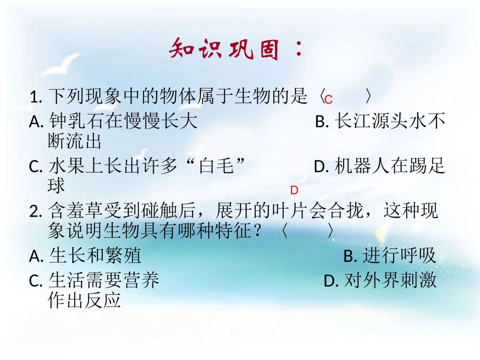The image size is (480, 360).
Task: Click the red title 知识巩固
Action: [x=225, y=49]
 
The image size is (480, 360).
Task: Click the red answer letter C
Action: [x=328, y=99]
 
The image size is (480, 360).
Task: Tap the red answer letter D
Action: [x=295, y=190]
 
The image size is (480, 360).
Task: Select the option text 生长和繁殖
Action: [x=95, y=255]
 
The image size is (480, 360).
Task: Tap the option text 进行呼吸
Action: [x=399, y=256]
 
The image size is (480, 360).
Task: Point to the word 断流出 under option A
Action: [x=75, y=141]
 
